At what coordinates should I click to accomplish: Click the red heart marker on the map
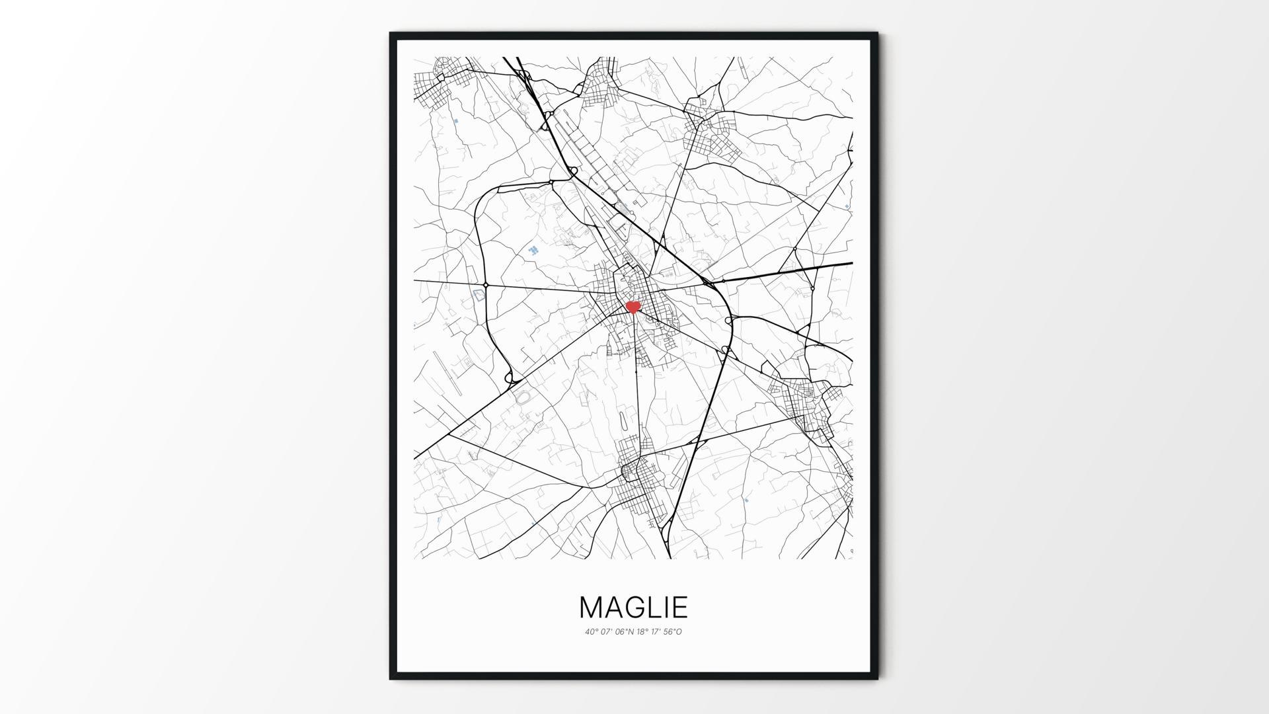click(633, 307)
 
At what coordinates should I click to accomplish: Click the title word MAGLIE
click(633, 608)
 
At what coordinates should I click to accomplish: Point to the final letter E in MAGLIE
click(680, 608)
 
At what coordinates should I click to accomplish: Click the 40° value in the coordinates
click(590, 631)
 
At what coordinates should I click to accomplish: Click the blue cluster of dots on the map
click(533, 251)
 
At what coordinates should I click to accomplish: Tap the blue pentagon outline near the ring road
click(478, 296)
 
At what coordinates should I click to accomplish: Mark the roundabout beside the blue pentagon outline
click(486, 285)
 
